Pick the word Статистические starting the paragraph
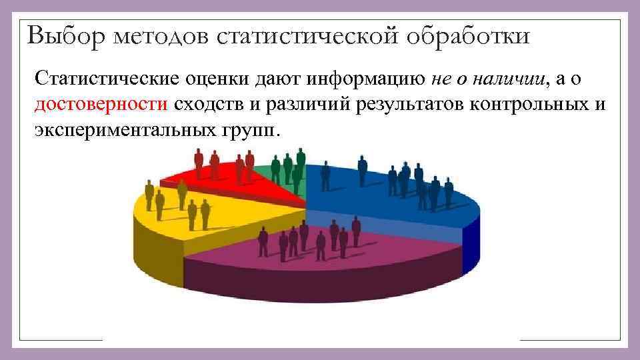point(106,80)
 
